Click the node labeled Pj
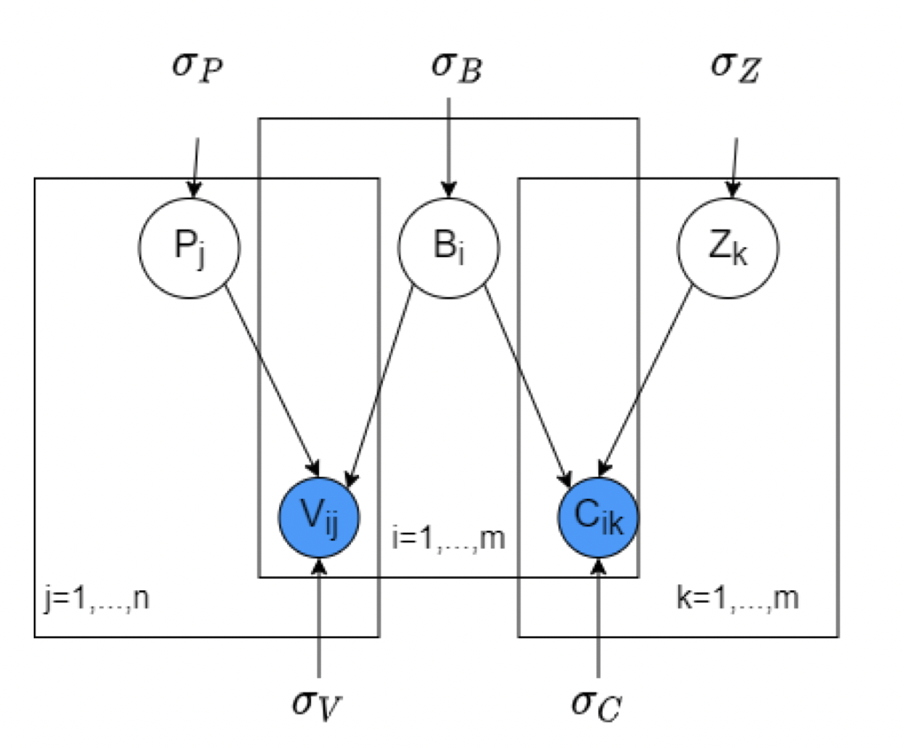tap(189, 246)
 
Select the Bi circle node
tap(448, 246)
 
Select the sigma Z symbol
tap(736, 67)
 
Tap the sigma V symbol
tap(316, 701)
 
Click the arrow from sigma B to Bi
tap(448, 146)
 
